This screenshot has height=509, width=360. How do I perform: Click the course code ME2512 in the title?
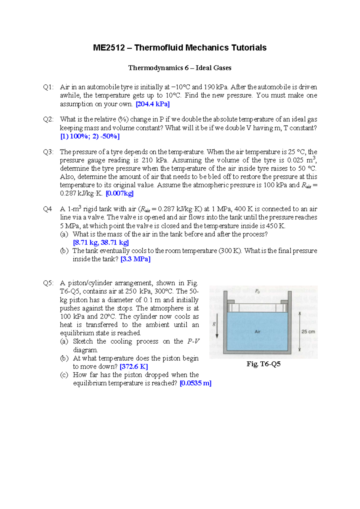(109, 48)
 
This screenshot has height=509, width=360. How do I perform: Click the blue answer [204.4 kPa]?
(153, 104)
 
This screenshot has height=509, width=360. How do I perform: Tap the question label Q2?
(48, 119)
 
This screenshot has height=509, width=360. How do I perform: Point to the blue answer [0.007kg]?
(120, 193)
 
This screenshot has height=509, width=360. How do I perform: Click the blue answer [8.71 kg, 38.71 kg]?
(101, 242)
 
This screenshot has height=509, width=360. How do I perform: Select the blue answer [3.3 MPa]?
(135, 259)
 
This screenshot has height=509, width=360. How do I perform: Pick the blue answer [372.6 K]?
(134, 366)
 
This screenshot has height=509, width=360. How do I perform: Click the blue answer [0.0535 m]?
(195, 383)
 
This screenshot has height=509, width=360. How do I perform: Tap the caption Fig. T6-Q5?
(263, 364)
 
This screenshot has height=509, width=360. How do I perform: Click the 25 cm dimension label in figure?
(308, 332)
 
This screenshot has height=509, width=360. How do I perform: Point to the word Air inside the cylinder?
(257, 332)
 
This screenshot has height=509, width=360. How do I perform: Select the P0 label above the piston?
(257, 291)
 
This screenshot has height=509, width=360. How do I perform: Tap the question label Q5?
(48, 283)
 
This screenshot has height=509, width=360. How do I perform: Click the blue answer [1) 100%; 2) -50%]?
(90, 136)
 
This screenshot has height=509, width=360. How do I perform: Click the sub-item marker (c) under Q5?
(64, 375)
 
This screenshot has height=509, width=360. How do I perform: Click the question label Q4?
(47, 209)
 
